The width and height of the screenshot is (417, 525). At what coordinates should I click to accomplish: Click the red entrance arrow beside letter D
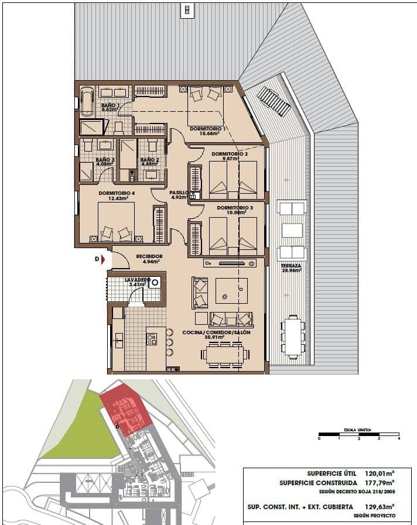(x=104, y=259)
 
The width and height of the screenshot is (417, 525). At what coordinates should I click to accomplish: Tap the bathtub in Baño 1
(x=87, y=101)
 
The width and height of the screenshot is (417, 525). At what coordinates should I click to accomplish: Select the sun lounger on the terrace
(x=274, y=101)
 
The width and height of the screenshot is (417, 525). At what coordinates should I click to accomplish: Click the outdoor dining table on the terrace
(x=292, y=336)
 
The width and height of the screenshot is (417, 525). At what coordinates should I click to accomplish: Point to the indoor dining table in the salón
(x=224, y=354)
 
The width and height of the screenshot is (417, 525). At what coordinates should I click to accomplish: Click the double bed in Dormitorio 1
(x=206, y=102)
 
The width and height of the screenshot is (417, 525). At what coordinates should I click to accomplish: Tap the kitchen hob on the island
(x=152, y=338)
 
